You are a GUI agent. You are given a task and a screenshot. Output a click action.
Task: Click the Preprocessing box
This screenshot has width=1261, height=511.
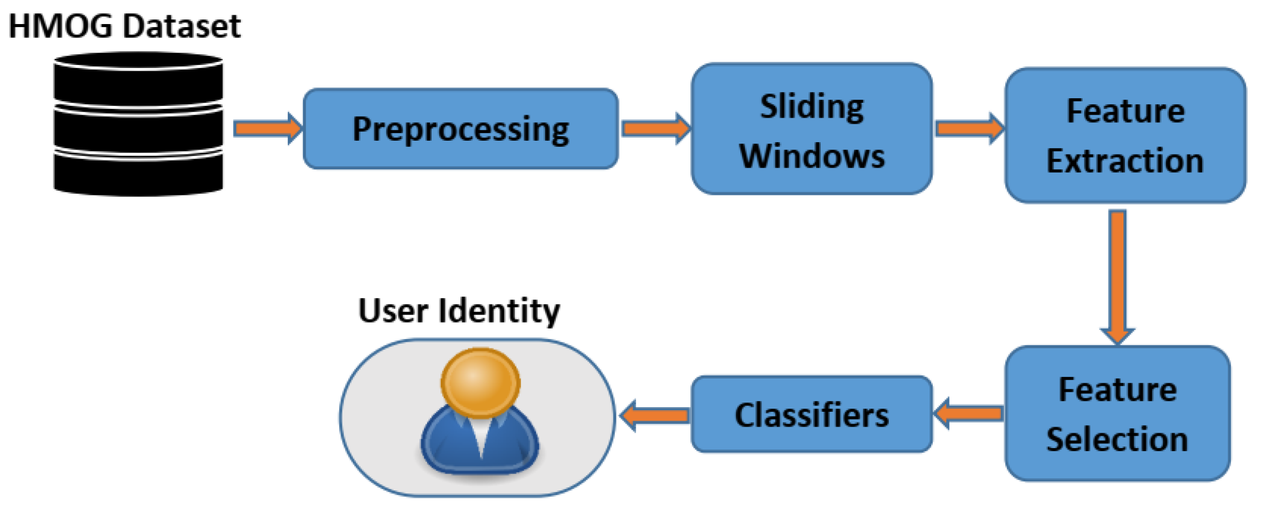460,129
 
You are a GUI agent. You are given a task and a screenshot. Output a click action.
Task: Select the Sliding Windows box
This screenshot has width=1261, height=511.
812,129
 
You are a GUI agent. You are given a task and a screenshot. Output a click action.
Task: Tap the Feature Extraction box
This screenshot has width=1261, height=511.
1125,136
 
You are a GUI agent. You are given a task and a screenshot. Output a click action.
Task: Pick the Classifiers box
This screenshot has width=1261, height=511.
812,414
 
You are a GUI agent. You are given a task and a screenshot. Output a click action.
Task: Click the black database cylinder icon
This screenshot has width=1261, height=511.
138,124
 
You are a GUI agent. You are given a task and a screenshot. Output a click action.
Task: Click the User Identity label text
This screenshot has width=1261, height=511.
459,310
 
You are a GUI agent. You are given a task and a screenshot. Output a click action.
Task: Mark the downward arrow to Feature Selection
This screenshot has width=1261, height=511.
1117,276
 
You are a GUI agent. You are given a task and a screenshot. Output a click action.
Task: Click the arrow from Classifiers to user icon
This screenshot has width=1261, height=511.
655,415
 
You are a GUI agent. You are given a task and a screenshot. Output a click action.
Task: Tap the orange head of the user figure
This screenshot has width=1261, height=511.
480,381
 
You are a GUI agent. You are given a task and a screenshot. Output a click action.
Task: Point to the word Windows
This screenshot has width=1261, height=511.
812,156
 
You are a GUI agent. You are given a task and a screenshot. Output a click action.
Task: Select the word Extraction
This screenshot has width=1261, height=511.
1125,161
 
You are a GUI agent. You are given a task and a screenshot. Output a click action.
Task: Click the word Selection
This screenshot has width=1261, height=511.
1117,439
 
